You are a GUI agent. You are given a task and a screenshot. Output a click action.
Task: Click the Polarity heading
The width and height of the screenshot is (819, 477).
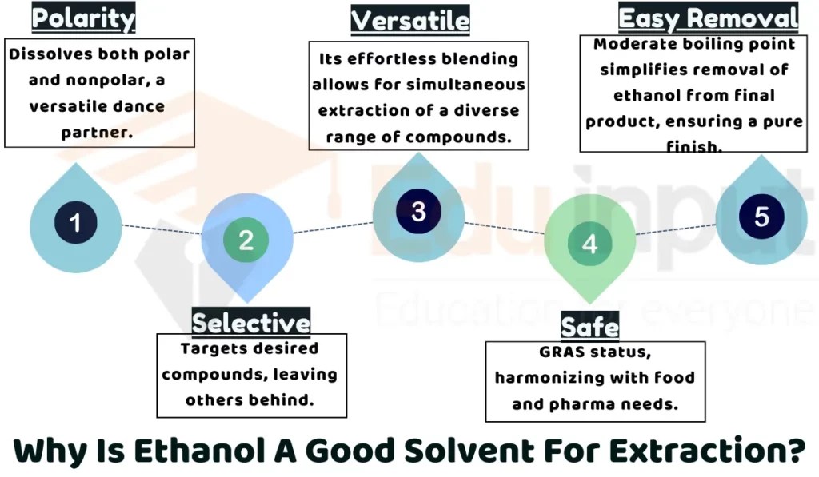pos(83,17)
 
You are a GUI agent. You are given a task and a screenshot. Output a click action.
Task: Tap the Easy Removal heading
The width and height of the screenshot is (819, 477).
pos(709,18)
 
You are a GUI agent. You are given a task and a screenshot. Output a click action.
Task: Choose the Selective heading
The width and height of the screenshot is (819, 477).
pos(250,322)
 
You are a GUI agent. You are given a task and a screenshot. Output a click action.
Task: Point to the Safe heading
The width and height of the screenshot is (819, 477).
pos(589,328)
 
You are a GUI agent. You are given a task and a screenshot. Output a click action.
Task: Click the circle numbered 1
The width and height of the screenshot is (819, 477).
pos(75,222)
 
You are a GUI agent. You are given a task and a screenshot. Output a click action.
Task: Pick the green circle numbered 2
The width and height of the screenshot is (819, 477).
pos(246,240)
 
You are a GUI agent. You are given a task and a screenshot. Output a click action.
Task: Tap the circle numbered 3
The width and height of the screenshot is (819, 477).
pos(418,212)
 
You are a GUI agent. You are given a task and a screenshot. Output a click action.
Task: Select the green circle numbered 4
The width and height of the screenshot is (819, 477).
pos(589,244)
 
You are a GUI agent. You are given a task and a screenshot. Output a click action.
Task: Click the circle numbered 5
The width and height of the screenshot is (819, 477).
pos(761,217)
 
